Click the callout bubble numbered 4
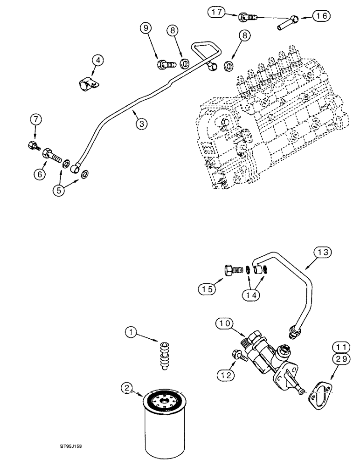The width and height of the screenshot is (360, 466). tap(97, 60)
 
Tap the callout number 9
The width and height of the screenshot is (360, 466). tap(146, 29)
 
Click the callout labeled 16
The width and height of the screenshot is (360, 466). tap(321, 16)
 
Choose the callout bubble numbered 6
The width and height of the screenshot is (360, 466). tap(40, 174)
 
